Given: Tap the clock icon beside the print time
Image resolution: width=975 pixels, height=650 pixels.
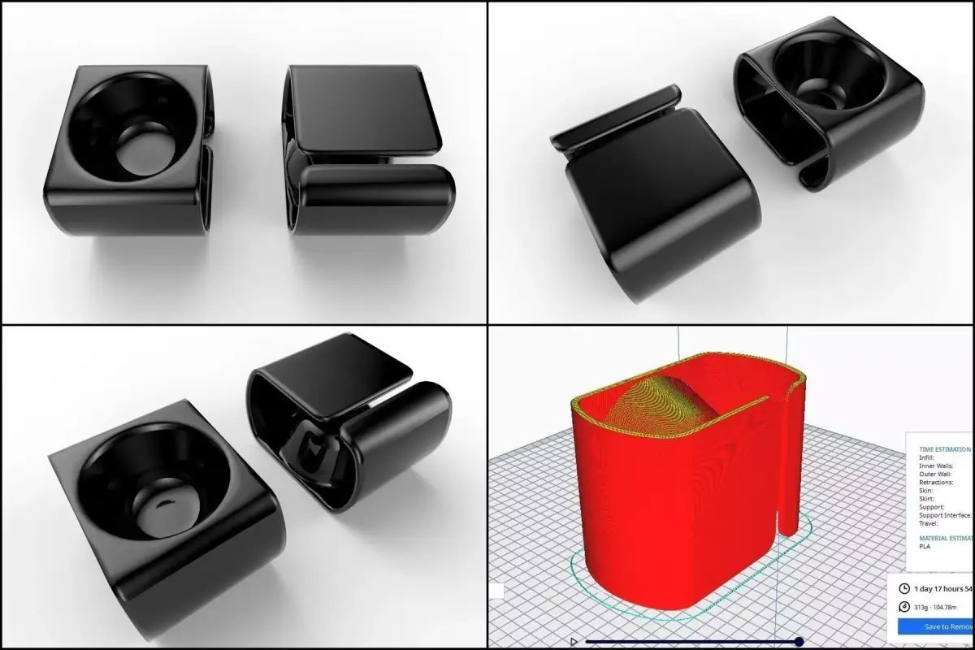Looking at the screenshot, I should (x=904, y=588).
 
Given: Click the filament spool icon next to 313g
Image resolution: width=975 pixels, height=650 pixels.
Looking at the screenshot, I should (x=904, y=607).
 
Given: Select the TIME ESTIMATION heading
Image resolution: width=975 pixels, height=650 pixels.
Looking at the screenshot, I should (x=945, y=448).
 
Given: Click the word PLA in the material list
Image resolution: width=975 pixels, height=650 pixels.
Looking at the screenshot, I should (x=925, y=546).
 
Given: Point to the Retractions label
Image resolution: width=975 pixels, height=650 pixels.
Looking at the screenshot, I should (x=937, y=483).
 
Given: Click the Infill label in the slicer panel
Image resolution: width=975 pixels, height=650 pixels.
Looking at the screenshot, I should (x=927, y=458).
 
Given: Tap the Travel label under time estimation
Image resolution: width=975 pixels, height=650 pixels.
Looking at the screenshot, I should (x=929, y=523).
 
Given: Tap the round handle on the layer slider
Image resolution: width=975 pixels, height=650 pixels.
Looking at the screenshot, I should (x=799, y=641).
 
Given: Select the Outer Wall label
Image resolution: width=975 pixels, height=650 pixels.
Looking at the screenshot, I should (x=935, y=474).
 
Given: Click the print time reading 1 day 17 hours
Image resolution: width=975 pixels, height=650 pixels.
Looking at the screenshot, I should (x=942, y=588).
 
